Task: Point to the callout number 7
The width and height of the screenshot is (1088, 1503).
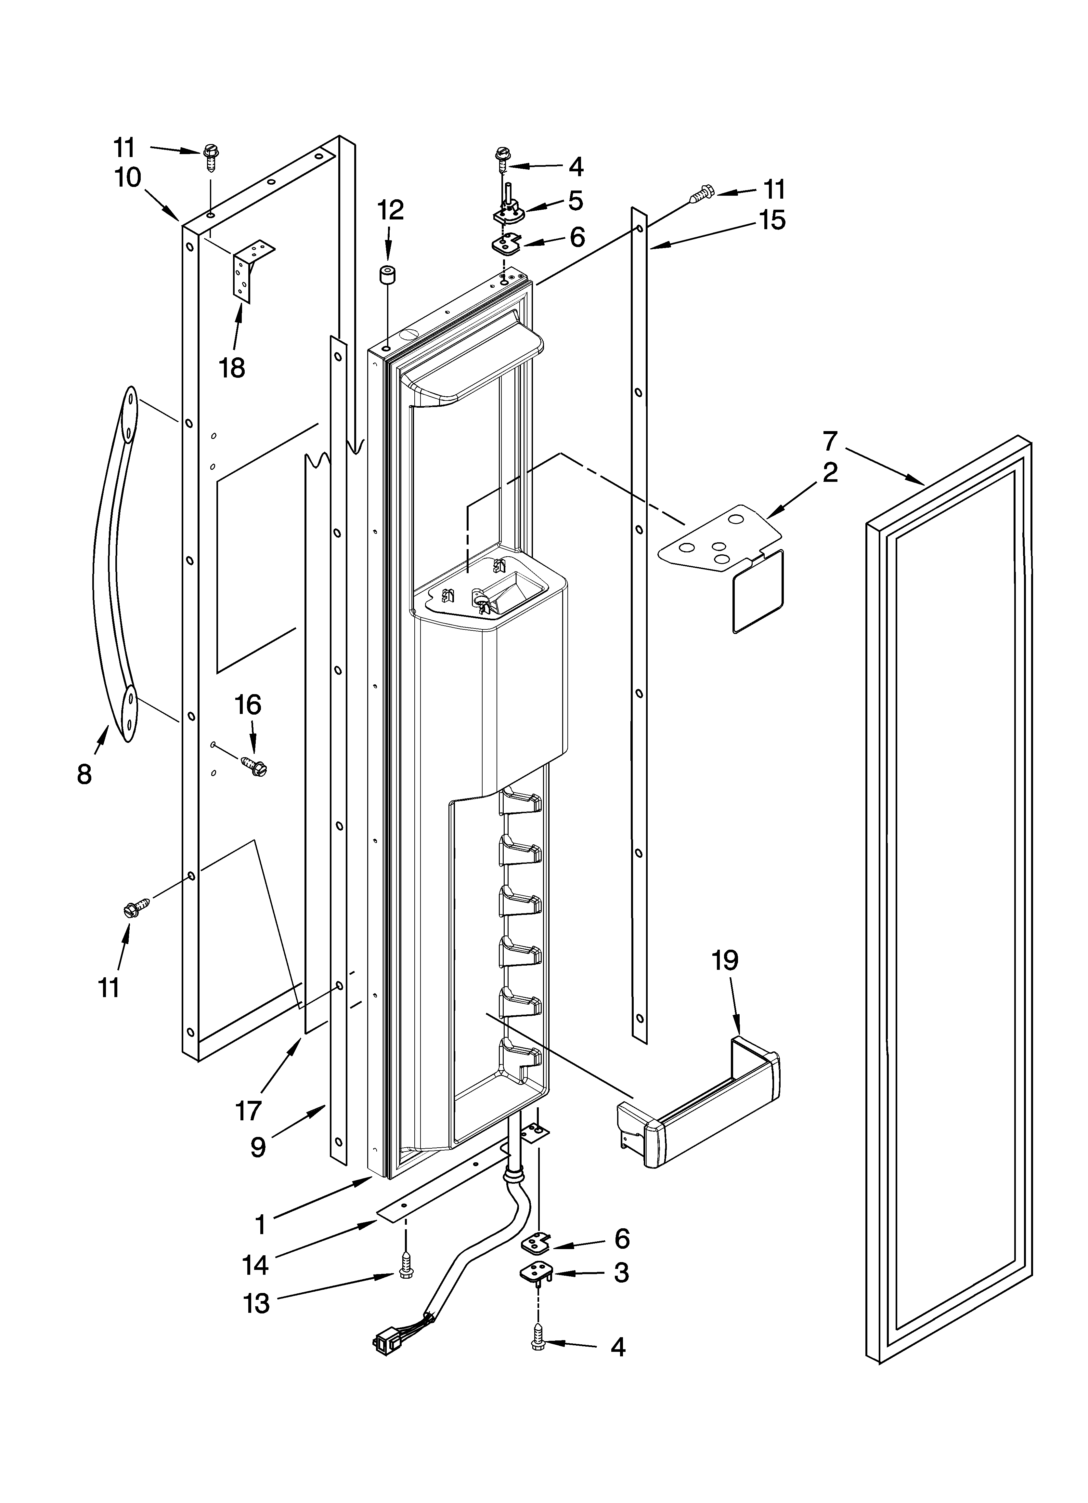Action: tap(830, 441)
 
